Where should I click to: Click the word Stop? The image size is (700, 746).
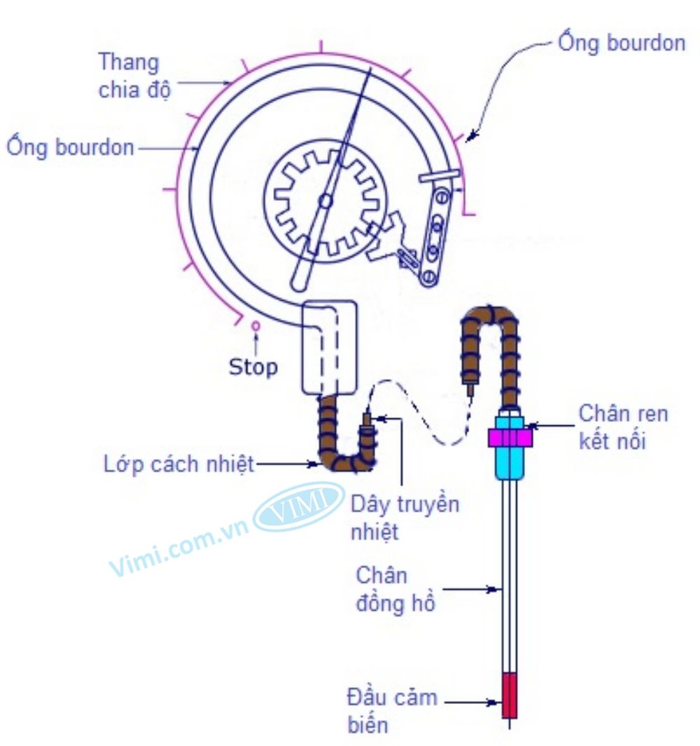253,366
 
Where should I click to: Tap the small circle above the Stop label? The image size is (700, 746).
256,325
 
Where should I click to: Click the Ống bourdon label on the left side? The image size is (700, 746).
70,148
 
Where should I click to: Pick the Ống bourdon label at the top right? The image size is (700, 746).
621,43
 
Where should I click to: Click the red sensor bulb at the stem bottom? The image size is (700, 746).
510,695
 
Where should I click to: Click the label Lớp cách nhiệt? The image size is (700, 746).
178,464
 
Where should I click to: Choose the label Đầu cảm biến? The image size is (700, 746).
392,710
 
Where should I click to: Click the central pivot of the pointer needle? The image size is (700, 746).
325,202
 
